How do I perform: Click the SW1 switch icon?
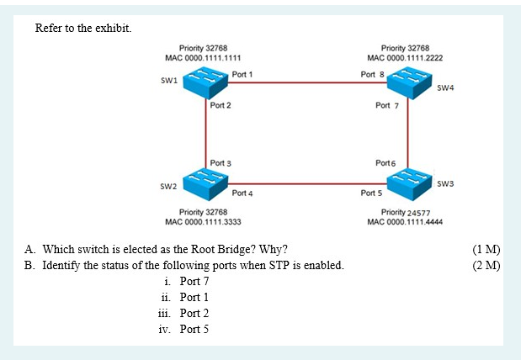click(x=205, y=82)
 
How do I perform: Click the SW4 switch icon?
click(x=409, y=82)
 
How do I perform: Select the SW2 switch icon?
click(x=205, y=180)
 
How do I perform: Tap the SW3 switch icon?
click(x=409, y=180)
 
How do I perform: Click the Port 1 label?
click(x=242, y=75)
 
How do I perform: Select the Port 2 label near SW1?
click(x=221, y=106)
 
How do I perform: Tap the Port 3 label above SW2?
click(x=221, y=161)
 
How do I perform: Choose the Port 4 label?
click(x=242, y=193)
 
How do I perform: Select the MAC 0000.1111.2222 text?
click(x=406, y=58)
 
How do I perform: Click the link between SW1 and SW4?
click(x=307, y=82)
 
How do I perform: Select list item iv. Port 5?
click(x=183, y=329)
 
